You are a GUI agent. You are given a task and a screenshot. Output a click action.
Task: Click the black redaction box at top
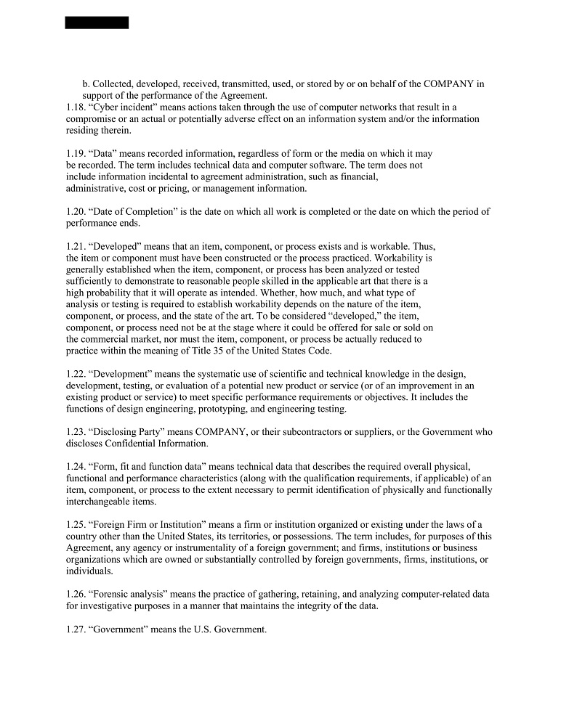[x=97, y=23]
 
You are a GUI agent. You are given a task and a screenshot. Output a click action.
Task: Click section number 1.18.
[x=75, y=107]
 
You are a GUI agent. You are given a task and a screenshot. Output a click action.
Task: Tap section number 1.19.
[x=75, y=154]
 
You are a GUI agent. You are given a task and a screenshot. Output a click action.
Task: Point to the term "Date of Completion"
[x=135, y=212]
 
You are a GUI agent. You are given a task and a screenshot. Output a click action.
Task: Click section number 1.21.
[x=75, y=247]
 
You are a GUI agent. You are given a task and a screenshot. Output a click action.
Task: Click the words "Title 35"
[x=212, y=351]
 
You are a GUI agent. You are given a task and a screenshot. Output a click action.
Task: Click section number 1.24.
[x=75, y=467]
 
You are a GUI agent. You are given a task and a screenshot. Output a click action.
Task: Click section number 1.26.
[x=75, y=595]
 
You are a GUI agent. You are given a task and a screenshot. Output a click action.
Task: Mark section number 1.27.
[x=75, y=629]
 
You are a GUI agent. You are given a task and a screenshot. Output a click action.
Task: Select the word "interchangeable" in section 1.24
[x=99, y=502]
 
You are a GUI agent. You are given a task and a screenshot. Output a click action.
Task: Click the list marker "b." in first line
[x=86, y=84]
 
